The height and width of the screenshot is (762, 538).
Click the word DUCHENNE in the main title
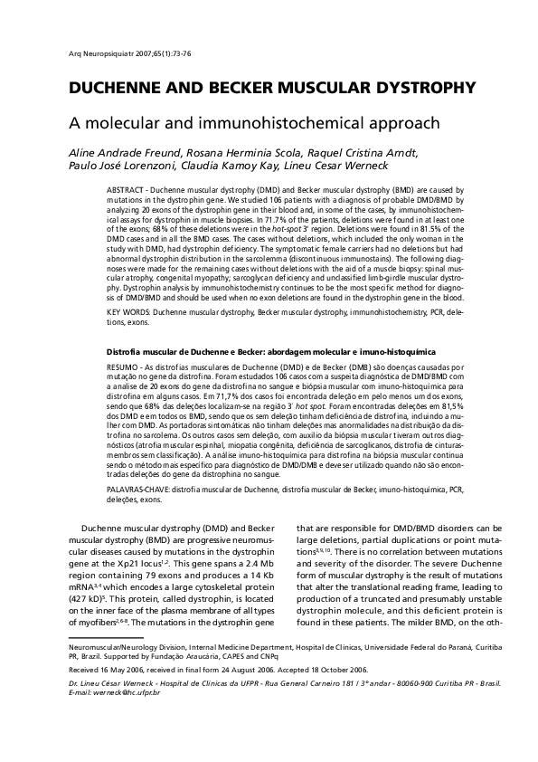pyautogui.click(x=123, y=88)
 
